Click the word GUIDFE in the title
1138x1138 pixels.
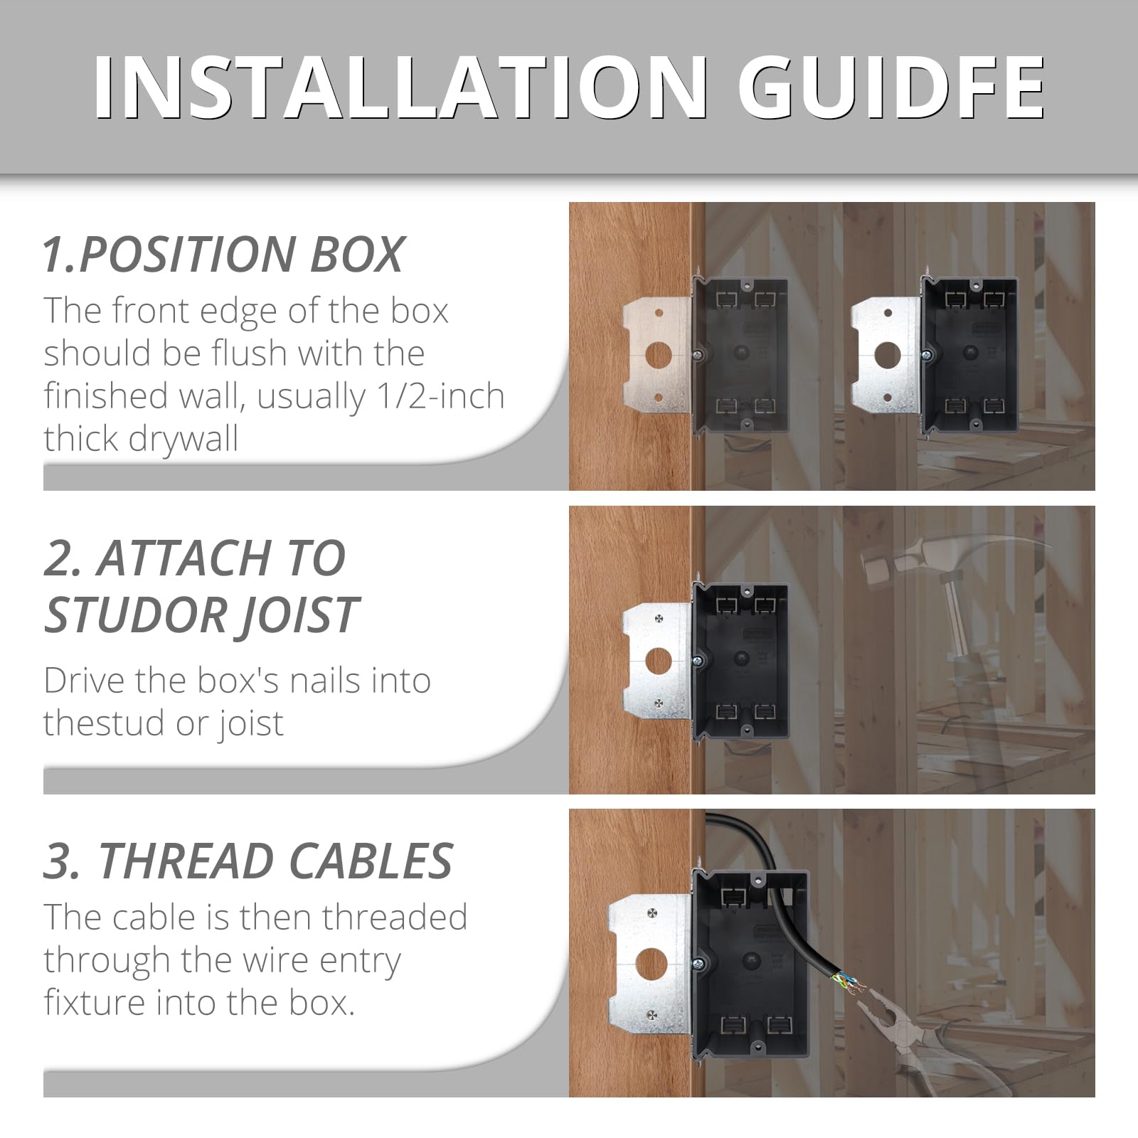pos(891,88)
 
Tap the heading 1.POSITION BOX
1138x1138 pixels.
pos(223,255)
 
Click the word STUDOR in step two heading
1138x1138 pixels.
pos(135,615)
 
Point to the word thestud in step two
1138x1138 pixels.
pos(103,723)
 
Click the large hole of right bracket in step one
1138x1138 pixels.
pos(888,353)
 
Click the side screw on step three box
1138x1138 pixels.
pos(699,963)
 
